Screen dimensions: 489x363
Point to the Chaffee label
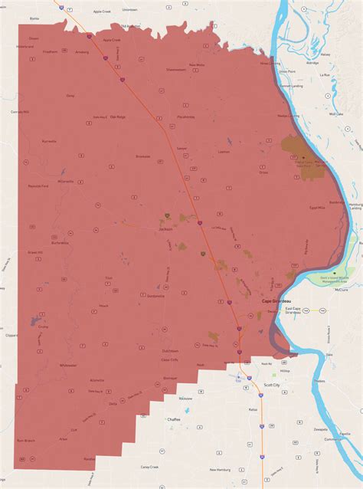tap(174, 419)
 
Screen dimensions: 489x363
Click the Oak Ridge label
tap(117, 117)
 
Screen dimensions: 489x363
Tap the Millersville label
tap(66, 182)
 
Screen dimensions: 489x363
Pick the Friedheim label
tap(51, 51)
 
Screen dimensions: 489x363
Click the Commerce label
tap(334, 439)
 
